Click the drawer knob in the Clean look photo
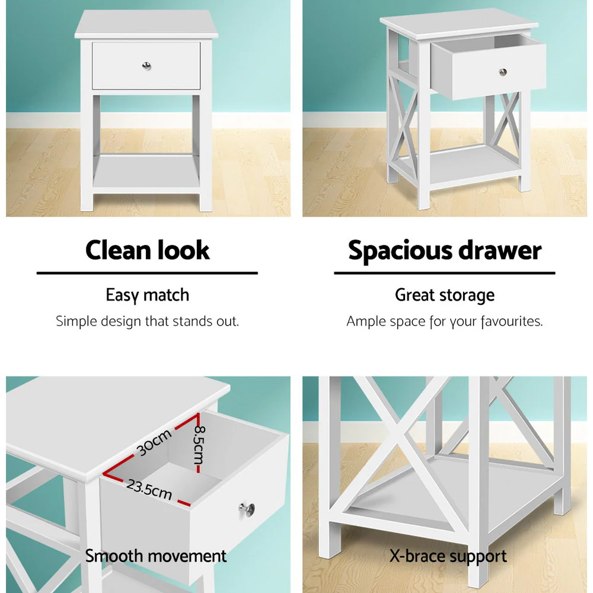pos(145,65)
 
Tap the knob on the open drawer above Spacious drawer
pos(503,72)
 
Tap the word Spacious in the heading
pos(396,250)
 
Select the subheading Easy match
pos(147,295)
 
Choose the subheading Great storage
pos(444,295)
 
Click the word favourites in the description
pos(511,321)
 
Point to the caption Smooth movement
pos(155,556)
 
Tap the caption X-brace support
pos(448,556)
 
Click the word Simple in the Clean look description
pos(75,321)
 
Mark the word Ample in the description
pos(366,321)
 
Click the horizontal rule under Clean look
pos(147,273)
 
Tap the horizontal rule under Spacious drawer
pos(444,273)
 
